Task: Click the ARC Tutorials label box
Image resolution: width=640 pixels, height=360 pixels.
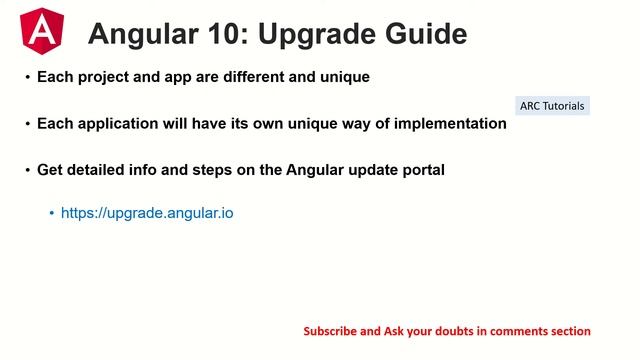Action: [x=552, y=105]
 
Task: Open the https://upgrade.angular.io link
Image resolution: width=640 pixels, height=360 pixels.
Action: [x=147, y=213]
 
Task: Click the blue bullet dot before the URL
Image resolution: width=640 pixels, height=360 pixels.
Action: [x=51, y=214]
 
